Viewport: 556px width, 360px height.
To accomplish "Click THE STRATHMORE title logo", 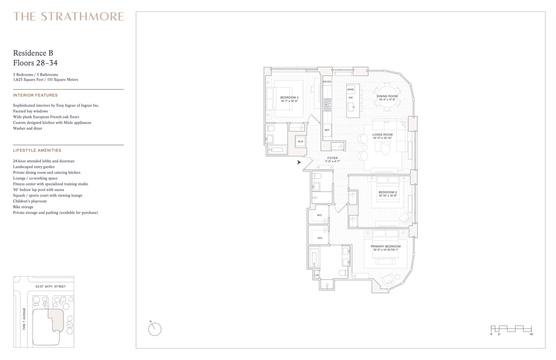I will click(x=69, y=16).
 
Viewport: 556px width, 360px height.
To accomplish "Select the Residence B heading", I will click(x=33, y=53).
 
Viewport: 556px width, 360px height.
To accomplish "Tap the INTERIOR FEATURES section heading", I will click(x=35, y=95).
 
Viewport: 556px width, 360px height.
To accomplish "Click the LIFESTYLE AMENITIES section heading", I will click(x=37, y=151).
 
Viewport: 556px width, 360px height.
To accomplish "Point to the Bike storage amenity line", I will click(x=23, y=207).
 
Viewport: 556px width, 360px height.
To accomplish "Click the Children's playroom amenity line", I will click(x=30, y=201).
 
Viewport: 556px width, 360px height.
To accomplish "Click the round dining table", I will click(x=387, y=98).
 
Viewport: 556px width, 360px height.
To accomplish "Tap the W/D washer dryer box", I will click(x=300, y=142).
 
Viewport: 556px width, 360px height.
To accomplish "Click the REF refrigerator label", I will click(x=327, y=130).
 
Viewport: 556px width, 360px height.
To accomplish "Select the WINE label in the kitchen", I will click(x=350, y=89).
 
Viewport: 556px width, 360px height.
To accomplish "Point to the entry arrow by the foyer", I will click(x=299, y=162).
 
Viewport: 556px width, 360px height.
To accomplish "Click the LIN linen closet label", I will click(x=317, y=275).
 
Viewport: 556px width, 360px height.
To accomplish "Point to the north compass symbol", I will click(x=155, y=328).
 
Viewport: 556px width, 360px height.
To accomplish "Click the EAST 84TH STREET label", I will click(x=50, y=287).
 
